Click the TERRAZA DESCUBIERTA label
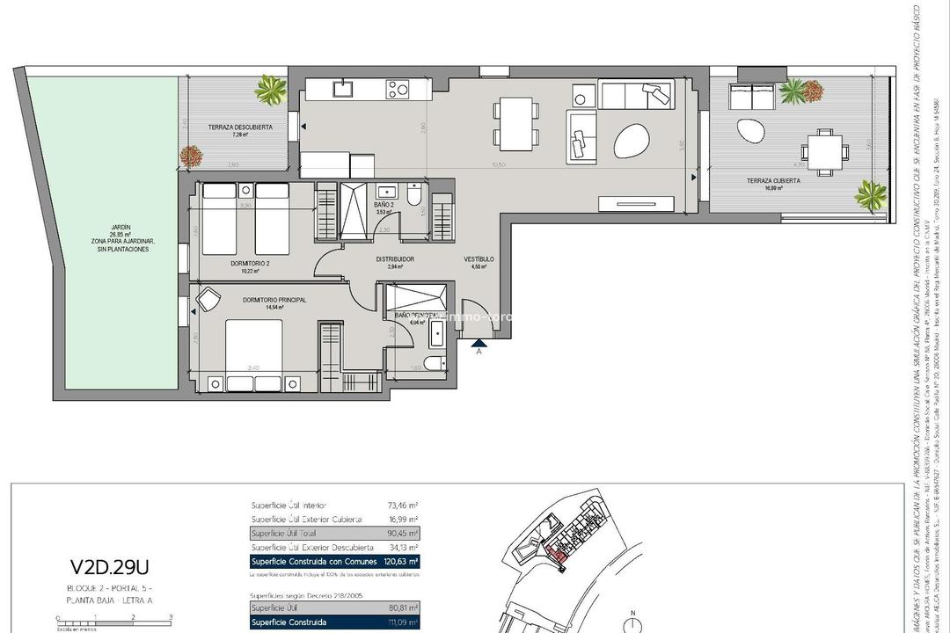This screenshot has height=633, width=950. (240, 127)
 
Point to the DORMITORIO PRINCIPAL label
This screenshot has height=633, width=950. (274, 300)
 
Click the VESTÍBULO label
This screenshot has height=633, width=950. (479, 259)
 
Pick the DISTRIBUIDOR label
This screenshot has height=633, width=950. (395, 259)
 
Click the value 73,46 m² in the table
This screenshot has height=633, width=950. (401, 506)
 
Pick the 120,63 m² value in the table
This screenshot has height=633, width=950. (400, 561)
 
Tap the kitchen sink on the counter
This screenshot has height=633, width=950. (341, 88)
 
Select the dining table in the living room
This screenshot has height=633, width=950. (517, 123)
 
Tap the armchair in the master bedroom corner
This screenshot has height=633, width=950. (210, 300)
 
